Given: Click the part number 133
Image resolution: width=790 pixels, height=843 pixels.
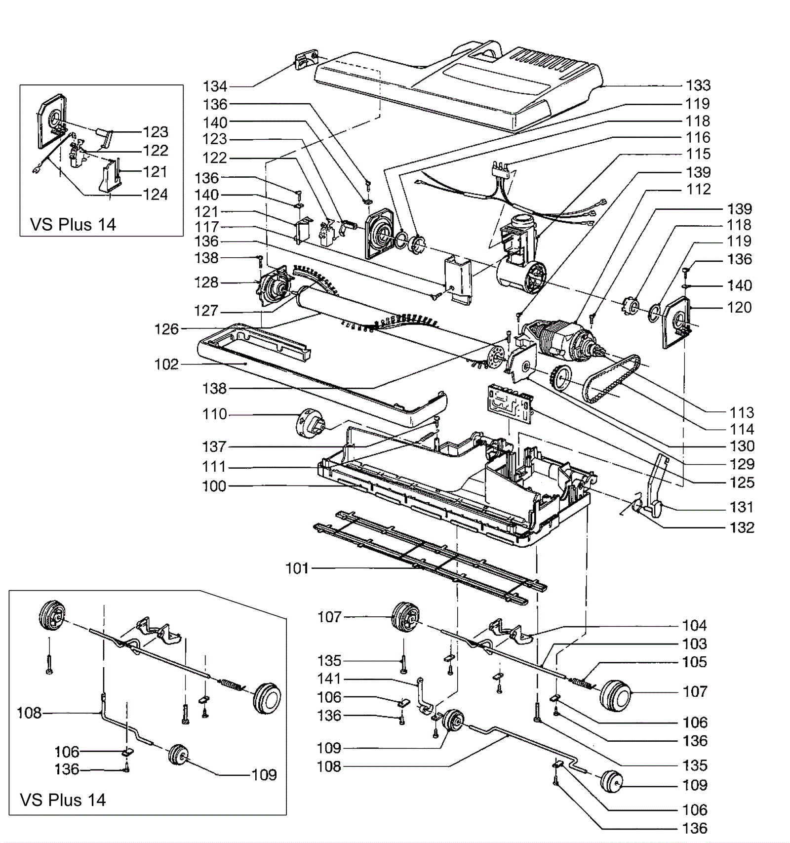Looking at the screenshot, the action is pos(698,85).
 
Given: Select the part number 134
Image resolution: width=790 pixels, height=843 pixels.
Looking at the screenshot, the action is pos(215,86).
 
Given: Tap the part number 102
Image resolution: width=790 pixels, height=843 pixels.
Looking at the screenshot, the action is pos(166,364).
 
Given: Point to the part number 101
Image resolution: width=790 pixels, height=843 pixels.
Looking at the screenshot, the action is pos(297,568).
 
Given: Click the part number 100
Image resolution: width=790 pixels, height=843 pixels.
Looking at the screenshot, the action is pos(214,486).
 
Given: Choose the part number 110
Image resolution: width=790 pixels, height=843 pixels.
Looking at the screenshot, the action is pos(214,414).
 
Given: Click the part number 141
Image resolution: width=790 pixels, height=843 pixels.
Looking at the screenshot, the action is pos(329,679).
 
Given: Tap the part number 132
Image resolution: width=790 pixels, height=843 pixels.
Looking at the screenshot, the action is pos(742,528).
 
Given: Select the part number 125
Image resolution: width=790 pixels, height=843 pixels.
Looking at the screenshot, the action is pos(742,482).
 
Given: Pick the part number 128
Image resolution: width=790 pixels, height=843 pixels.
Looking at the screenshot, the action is pos(206,282).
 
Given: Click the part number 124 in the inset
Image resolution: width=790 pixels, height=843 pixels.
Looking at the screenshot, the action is pos(156,195).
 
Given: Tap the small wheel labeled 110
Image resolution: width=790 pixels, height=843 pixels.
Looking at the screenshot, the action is pos(310,423).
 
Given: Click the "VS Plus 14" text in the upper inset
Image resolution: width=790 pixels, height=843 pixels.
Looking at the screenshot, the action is pos(73,225).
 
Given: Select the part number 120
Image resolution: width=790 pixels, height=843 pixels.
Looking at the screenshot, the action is pos(739,308).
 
